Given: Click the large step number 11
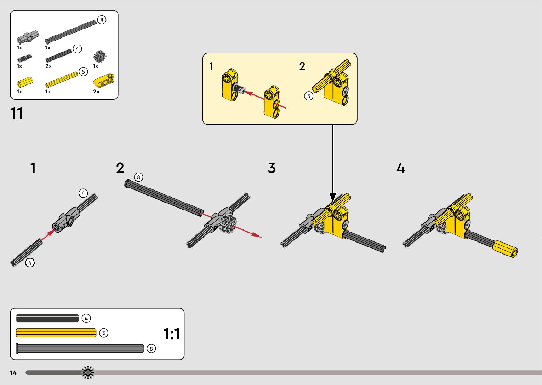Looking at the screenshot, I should (x=17, y=114).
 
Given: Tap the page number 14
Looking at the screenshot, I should (x=13, y=373).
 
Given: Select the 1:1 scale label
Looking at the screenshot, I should (x=171, y=334).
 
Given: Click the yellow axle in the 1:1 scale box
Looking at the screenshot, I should (x=56, y=333).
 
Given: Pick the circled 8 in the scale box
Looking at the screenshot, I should (x=151, y=349).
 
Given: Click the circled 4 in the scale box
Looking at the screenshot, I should (x=86, y=318).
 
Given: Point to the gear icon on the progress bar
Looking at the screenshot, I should (x=88, y=372).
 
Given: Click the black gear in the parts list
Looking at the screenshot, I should (x=100, y=56).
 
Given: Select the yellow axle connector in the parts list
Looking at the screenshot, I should (x=25, y=82).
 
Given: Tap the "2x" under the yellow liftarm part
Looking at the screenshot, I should (x=96, y=92).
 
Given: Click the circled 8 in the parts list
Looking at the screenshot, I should (x=102, y=20).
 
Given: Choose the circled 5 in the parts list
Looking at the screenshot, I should (x=83, y=72).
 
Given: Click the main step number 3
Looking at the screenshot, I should (x=272, y=168).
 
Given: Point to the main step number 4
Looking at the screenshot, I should (x=400, y=168).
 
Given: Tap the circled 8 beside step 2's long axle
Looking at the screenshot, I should (x=138, y=177).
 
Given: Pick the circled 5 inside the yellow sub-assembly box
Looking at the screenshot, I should (x=309, y=96).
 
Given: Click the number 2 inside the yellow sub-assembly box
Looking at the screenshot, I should (x=302, y=66).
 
